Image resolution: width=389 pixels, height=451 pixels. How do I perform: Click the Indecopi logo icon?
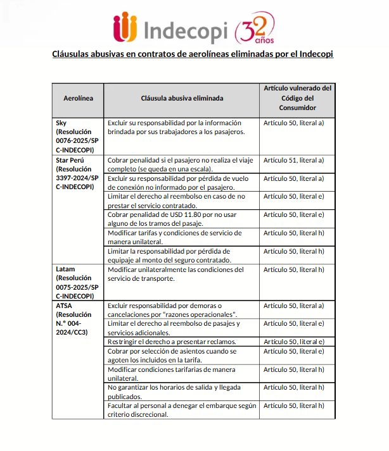click(125, 28)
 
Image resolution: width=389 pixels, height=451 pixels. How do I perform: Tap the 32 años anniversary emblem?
click(255, 28)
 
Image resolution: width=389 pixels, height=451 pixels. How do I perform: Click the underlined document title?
click(193, 54)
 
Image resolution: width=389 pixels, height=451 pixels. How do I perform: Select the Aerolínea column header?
click(78, 99)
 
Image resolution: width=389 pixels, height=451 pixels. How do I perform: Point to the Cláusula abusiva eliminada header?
click(181, 99)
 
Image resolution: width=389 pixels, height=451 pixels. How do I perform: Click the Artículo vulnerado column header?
click(297, 99)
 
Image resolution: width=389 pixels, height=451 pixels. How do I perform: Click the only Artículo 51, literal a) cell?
click(293, 160)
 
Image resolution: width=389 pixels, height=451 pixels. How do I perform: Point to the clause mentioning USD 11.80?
click(171, 219)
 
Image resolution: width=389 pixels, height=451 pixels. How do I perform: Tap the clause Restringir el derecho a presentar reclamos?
click(172, 342)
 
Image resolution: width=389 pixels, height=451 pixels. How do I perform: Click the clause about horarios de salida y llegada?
click(174, 391)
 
